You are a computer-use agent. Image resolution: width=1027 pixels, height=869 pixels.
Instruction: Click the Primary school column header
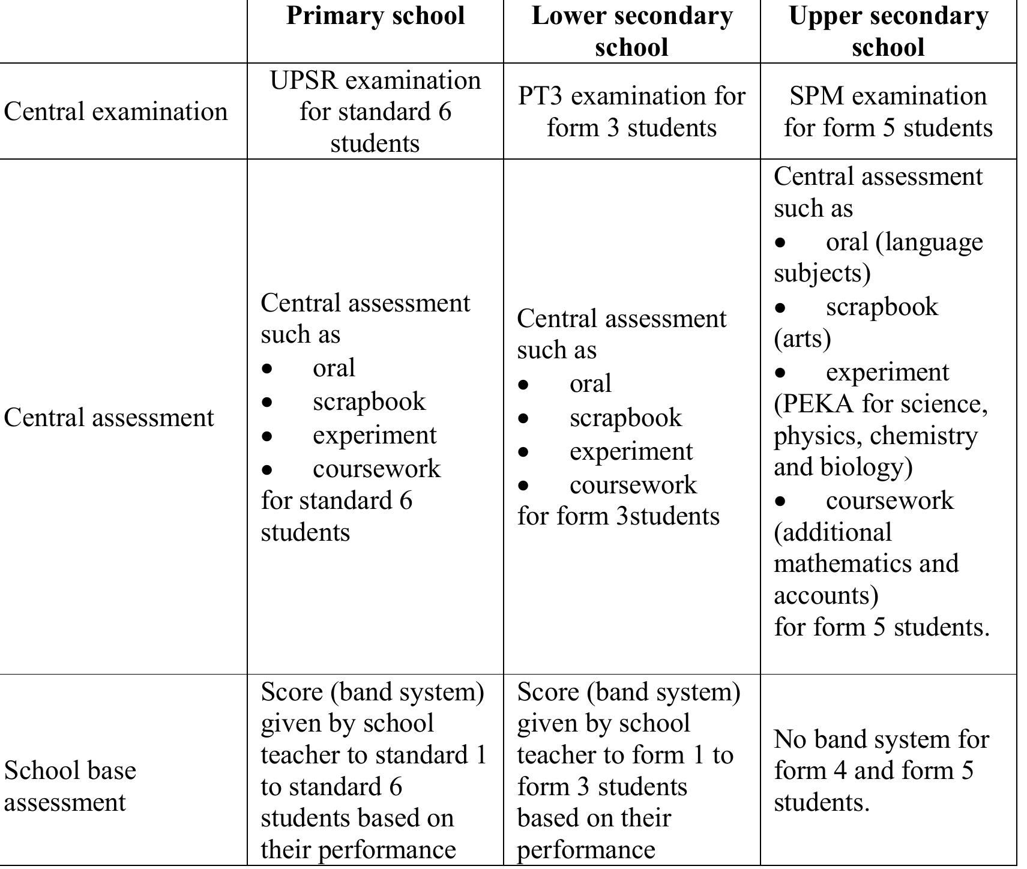(375, 16)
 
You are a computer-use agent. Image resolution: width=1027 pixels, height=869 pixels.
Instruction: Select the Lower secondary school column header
(631, 31)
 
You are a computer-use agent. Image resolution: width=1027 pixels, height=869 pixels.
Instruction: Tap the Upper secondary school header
(888, 31)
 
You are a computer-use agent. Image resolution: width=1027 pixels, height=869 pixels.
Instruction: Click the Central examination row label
(115, 112)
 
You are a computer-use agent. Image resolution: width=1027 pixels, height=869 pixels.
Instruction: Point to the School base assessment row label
(70, 786)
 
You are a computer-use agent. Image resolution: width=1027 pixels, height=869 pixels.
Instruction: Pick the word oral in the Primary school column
(334, 368)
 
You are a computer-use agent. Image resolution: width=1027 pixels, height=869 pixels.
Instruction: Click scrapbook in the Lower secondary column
(625, 418)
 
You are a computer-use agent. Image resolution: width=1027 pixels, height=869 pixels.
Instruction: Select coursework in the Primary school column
(376, 469)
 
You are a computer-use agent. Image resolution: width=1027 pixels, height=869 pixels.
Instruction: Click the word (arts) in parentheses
(802, 338)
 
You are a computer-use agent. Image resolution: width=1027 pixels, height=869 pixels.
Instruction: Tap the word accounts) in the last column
(825, 595)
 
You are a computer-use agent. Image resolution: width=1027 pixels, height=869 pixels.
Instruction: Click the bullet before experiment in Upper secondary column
(780, 373)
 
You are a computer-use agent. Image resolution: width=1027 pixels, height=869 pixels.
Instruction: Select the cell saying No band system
(881, 771)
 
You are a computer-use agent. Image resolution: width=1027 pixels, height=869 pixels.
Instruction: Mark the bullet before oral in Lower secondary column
(523, 385)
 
